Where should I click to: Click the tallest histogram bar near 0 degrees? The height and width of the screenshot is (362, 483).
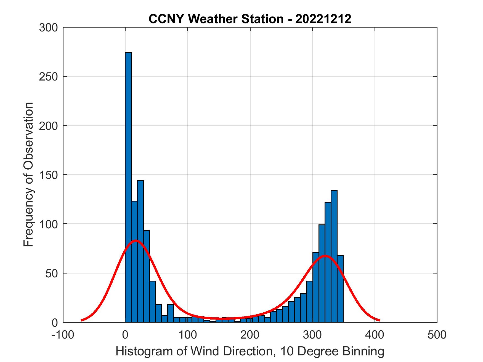click(x=128, y=187)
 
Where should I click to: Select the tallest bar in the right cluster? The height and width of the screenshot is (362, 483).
click(x=334, y=256)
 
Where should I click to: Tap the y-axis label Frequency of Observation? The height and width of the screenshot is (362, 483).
click(x=28, y=175)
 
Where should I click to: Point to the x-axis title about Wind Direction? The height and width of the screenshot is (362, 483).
click(x=250, y=351)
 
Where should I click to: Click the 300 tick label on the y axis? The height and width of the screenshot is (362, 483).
click(x=48, y=28)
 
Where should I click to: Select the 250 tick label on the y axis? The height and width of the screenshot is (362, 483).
click(x=48, y=77)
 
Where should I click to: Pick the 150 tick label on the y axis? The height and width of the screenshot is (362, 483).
click(x=48, y=175)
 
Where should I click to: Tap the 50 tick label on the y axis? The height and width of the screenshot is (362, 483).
click(x=52, y=273)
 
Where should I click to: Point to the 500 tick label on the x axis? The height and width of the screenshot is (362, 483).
click(x=437, y=335)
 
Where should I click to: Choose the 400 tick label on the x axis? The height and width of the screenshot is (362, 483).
click(x=375, y=335)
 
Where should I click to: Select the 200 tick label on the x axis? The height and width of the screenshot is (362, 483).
click(x=250, y=335)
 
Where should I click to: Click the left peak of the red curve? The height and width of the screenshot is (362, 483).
click(x=136, y=240)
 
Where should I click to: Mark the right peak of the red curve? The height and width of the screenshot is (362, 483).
click(x=325, y=256)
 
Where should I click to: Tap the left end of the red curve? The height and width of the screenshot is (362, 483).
click(x=82, y=320)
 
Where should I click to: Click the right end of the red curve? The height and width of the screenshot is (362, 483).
click(x=380, y=320)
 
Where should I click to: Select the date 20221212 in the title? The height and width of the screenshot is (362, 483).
click(x=323, y=19)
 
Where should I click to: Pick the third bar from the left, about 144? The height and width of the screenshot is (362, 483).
click(x=140, y=251)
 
